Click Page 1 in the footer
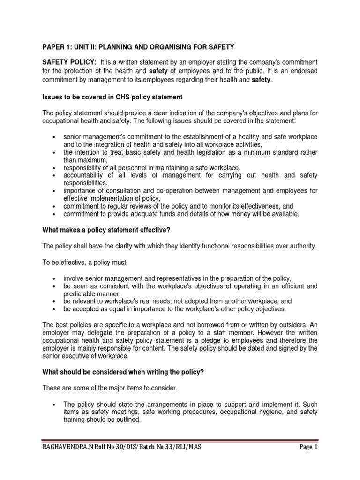point(308,447)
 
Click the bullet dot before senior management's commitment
point(55,137)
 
